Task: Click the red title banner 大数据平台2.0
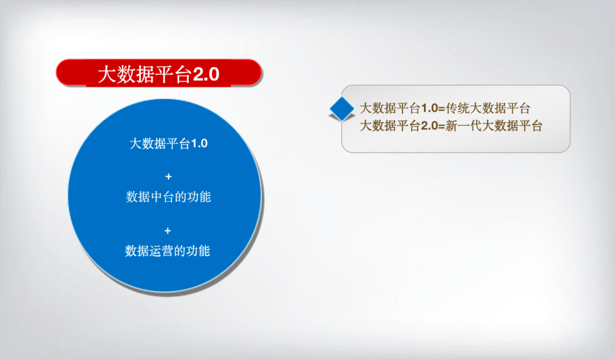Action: (x=159, y=73)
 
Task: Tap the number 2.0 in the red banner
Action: (x=206, y=75)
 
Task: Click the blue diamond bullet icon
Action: (x=342, y=109)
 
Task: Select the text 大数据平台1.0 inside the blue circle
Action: (x=169, y=144)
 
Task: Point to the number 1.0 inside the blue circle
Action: (x=199, y=144)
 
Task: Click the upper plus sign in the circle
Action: (x=169, y=177)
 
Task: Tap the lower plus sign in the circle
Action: (x=168, y=231)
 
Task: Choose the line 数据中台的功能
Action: (x=168, y=197)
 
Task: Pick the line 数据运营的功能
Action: (x=167, y=251)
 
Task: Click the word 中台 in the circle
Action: (x=162, y=197)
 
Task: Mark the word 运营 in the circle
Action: (x=162, y=251)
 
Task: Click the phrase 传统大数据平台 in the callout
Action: (x=488, y=108)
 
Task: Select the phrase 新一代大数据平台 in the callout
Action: (x=494, y=126)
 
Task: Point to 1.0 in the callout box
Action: (x=429, y=109)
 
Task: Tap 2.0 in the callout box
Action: (x=429, y=126)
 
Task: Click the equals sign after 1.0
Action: (x=442, y=109)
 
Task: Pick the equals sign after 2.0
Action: (x=442, y=126)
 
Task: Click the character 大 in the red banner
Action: (x=107, y=75)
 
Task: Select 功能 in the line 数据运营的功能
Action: (x=198, y=251)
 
